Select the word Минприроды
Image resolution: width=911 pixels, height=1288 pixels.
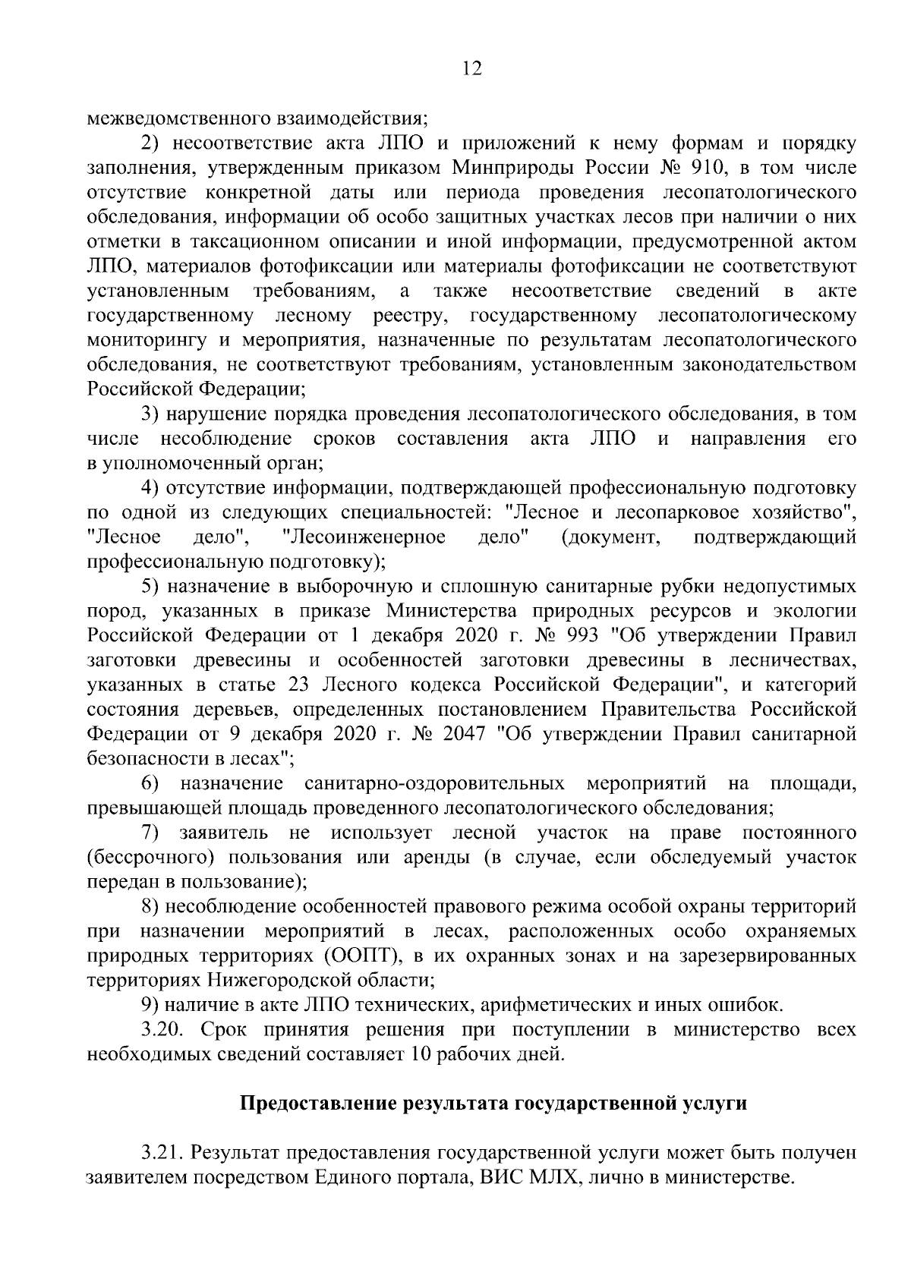pyautogui.click(x=502, y=167)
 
